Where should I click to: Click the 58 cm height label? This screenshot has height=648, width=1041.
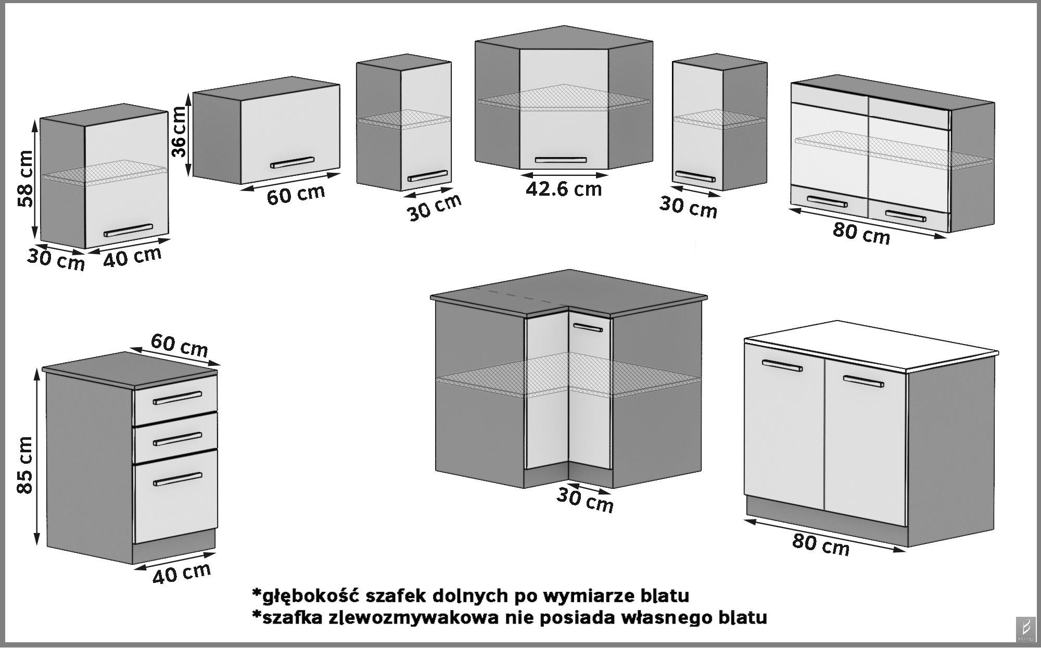(x=24, y=179)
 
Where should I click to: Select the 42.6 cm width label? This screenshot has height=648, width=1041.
(x=563, y=189)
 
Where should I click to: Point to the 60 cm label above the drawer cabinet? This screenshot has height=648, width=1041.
(x=180, y=345)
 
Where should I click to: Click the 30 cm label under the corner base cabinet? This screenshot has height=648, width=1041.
(x=585, y=500)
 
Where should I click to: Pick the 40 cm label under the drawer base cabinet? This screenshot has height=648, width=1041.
(x=182, y=573)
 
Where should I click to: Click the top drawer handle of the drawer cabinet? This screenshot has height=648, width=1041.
(x=177, y=398)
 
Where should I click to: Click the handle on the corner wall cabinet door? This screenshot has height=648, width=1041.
(x=561, y=160)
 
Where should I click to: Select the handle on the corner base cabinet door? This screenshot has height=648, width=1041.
(x=588, y=327)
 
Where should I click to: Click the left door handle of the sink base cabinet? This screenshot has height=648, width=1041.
(x=782, y=366)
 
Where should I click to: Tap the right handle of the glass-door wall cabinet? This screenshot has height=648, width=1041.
(x=906, y=215)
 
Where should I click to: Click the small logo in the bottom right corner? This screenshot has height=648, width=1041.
(x=1026, y=631)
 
